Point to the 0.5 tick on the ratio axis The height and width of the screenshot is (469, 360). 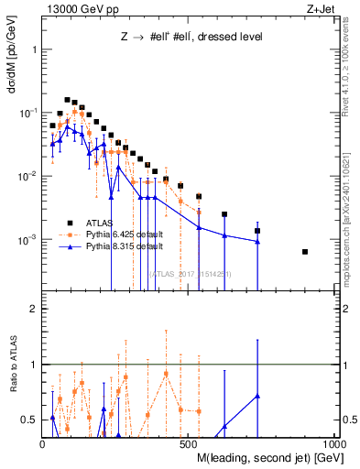31,420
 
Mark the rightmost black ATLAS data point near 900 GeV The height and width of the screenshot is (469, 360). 305,252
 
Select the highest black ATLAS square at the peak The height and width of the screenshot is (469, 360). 67,100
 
